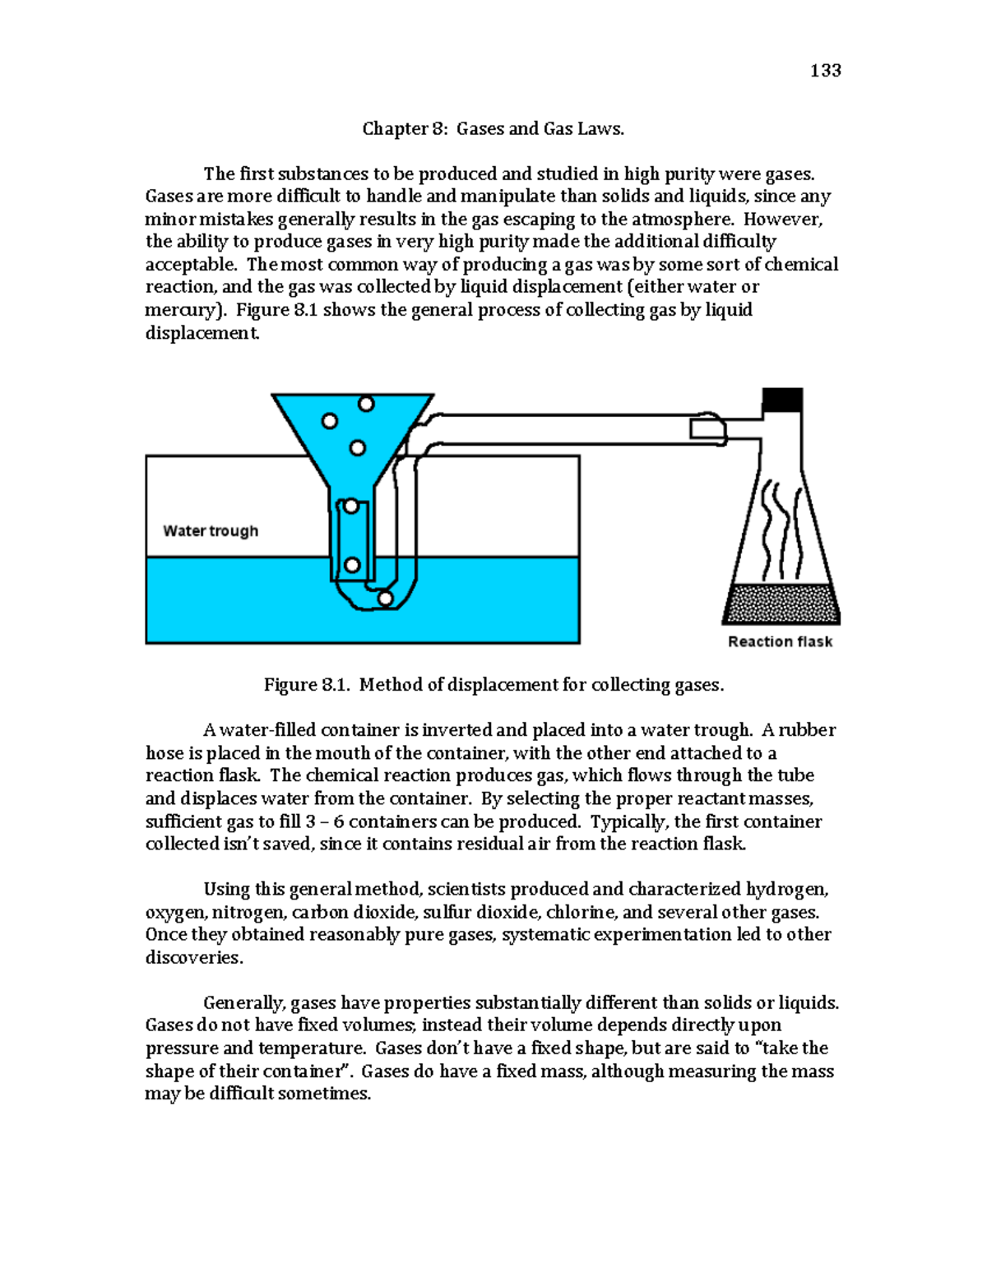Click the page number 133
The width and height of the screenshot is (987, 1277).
(x=825, y=71)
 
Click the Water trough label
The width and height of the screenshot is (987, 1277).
(x=211, y=531)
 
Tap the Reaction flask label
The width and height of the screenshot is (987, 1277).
(x=780, y=642)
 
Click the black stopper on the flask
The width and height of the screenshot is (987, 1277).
(x=781, y=400)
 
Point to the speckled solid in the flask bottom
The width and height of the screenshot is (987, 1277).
(x=781, y=604)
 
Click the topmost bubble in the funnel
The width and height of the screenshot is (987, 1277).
(x=366, y=404)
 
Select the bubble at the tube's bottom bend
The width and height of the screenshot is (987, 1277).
(x=385, y=599)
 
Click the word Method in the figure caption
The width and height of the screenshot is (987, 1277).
(x=389, y=685)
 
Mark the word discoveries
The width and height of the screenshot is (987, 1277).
(x=193, y=958)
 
